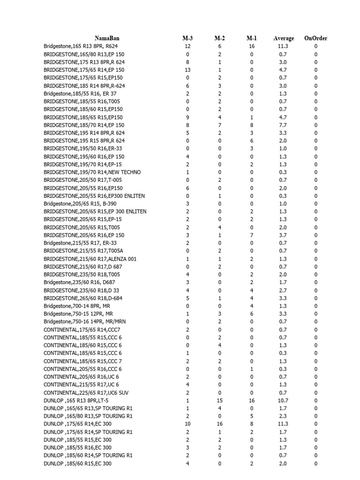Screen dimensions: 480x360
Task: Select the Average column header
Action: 284,38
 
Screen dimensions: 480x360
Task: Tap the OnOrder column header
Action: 315,38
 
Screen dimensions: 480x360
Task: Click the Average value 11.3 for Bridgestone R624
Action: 283,46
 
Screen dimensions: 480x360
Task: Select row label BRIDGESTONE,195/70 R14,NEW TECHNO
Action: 92,172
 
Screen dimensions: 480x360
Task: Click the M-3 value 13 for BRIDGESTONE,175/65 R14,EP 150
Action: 187,70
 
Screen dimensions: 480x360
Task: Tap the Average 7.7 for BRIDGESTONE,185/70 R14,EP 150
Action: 283,125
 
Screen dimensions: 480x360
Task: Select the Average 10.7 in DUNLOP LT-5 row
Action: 283,400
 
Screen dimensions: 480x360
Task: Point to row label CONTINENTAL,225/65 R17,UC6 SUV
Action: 88,392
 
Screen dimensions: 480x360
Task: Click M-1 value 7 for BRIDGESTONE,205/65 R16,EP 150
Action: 252,235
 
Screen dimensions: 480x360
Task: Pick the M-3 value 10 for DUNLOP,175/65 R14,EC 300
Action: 187,424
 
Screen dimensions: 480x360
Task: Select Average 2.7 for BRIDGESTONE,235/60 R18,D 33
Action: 283,290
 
